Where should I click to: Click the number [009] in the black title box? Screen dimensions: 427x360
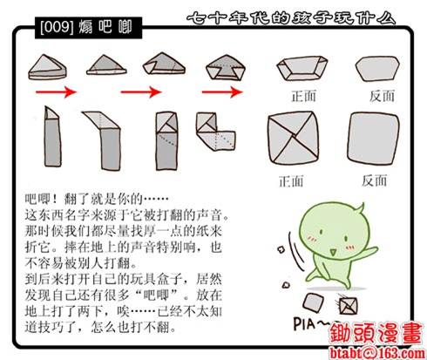[57, 27]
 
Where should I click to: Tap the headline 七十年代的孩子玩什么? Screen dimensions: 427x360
[291, 18]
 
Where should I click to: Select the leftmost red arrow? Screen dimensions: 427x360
[56, 92]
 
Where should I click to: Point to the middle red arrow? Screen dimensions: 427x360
[141, 92]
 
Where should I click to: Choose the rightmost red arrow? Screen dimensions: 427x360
[222, 92]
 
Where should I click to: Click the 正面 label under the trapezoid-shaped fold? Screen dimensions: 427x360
[303, 96]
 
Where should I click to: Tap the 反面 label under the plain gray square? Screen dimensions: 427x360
[374, 180]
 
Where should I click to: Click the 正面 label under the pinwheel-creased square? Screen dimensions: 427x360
[291, 181]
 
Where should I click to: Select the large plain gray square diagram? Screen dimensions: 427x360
[373, 137]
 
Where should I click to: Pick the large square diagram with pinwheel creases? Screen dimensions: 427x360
[294, 138]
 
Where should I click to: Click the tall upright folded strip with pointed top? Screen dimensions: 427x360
[52, 137]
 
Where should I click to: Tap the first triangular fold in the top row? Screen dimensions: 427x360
[47, 67]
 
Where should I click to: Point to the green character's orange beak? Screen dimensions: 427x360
[332, 252]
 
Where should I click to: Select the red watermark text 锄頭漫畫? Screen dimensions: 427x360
[376, 334]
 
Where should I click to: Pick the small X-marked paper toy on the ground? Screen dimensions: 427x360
[348, 305]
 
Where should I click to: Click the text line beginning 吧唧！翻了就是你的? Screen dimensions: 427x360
[97, 200]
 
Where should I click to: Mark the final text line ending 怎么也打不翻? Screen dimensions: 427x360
[100, 328]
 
